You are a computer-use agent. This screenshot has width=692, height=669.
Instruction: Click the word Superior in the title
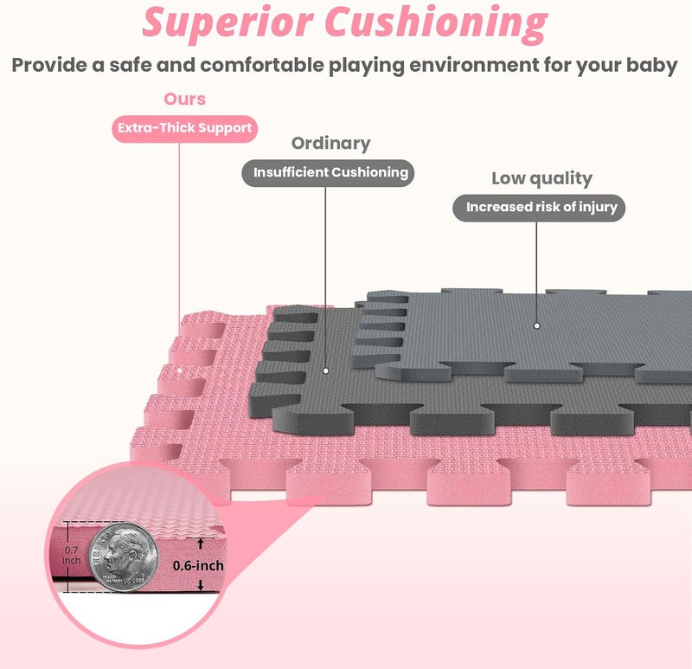227,23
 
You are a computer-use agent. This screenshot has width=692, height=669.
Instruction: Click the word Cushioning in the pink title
436,23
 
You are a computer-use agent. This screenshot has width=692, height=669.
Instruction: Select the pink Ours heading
185,99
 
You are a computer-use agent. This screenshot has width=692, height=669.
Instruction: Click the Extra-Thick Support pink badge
184,128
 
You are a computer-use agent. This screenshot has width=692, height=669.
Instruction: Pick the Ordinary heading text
331,144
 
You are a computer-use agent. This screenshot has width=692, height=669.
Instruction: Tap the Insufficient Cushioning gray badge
328,173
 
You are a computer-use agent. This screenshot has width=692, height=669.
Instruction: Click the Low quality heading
542,179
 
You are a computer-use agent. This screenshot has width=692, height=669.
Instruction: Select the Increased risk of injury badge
539,208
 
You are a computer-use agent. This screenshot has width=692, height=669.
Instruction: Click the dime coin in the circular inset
123,557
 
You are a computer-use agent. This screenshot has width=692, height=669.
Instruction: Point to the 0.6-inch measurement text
198,566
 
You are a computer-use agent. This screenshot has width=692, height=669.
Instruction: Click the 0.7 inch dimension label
71,555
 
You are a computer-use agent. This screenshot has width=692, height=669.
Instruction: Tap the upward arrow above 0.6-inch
201,544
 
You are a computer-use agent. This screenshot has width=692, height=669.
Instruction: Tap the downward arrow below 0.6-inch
201,585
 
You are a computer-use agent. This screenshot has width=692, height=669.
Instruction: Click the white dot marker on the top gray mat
536,326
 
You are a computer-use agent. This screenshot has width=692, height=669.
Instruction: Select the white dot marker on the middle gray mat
326,371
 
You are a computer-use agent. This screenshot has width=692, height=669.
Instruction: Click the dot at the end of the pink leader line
180,370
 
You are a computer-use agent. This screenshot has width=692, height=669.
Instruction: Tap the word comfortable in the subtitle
262,65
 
